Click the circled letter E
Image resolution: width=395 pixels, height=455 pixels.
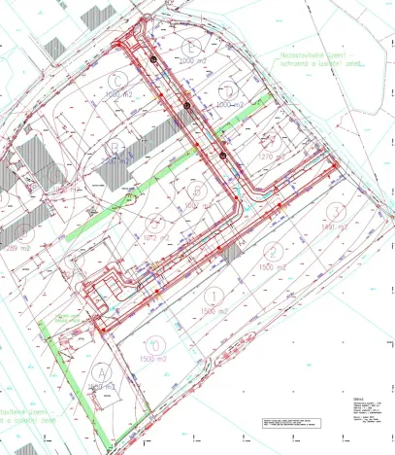point(194,46)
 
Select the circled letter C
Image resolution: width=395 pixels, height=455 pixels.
point(121,82)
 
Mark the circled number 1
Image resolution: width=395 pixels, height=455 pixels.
point(214,295)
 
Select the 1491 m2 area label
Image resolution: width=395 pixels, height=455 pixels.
point(334,227)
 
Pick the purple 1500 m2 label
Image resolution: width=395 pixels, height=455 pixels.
point(154,360)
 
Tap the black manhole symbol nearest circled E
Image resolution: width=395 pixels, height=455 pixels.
point(153,62)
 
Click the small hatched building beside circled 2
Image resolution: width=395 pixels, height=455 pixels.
point(231,251)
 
